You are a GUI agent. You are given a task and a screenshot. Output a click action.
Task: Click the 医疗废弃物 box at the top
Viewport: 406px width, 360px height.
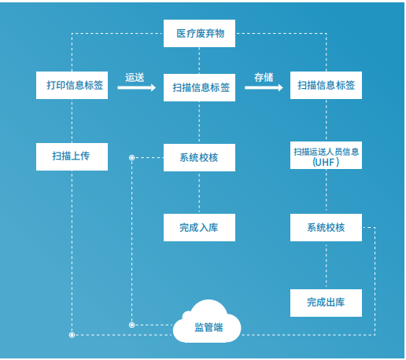pyautogui.click(x=199, y=33)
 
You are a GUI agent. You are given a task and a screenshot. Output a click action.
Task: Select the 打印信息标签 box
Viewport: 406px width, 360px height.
pyautogui.click(x=72, y=85)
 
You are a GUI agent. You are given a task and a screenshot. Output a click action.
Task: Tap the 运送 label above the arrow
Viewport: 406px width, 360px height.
pyautogui.click(x=135, y=78)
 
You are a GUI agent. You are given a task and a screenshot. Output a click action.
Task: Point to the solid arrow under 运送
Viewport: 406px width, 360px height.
pyautogui.click(x=137, y=87)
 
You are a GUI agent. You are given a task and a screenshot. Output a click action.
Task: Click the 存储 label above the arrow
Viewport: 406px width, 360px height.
pyautogui.click(x=264, y=78)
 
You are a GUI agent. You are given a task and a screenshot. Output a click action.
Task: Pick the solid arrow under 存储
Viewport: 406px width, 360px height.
pyautogui.click(x=264, y=87)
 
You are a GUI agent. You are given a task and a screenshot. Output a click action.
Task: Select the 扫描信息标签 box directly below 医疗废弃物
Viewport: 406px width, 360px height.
pyautogui.click(x=199, y=87)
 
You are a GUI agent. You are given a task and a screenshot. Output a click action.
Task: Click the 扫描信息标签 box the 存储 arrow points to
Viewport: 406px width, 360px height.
pyautogui.click(x=326, y=85)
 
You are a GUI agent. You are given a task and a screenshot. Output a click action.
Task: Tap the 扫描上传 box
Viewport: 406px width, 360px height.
pyautogui.click(x=72, y=156)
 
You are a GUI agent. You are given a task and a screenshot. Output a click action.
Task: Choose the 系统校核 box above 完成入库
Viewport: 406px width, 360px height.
pyautogui.click(x=199, y=157)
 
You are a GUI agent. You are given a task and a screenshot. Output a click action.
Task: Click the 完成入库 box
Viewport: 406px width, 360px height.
pyautogui.click(x=199, y=227)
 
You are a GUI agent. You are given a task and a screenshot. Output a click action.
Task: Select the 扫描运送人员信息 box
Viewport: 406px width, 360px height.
pyautogui.click(x=326, y=155)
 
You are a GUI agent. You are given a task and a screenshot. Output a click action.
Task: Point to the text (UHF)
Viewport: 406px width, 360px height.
pyautogui.click(x=326, y=163)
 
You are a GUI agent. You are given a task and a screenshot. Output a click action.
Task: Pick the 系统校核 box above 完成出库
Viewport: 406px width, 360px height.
pyautogui.click(x=326, y=227)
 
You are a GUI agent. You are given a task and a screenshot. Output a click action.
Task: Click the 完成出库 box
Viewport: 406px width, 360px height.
pyautogui.click(x=326, y=303)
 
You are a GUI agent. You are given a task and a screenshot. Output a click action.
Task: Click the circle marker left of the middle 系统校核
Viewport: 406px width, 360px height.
pyautogui.click(x=132, y=157)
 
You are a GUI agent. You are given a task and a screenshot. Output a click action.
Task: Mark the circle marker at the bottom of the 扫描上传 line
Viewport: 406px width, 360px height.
pyautogui.click(x=72, y=335)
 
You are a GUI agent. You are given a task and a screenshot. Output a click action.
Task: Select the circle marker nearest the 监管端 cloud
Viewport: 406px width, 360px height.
pyautogui.click(x=132, y=325)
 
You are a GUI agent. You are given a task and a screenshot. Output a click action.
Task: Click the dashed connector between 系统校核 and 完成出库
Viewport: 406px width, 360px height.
pyautogui.click(x=326, y=265)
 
